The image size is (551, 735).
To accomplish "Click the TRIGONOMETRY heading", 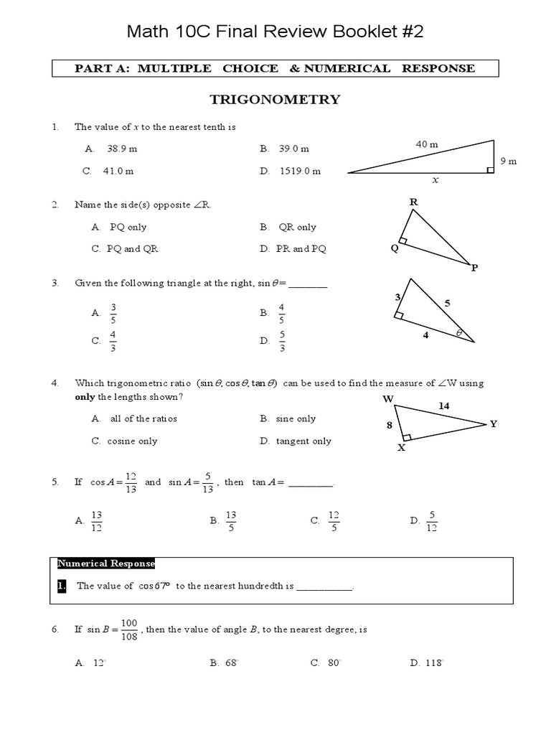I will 275,100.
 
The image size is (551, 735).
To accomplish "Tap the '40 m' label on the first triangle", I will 426,144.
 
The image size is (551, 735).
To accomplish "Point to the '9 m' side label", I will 508,161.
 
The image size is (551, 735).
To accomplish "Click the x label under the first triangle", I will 434,181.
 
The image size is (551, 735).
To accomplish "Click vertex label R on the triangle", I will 413,202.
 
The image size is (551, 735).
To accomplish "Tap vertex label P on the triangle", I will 474,268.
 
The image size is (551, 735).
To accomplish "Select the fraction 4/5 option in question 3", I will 281,313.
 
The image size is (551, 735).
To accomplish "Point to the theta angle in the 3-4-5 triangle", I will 459,333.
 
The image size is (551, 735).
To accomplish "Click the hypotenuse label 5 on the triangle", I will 447,303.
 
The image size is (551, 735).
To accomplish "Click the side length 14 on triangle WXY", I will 443,406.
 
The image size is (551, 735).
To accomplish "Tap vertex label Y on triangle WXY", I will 493,423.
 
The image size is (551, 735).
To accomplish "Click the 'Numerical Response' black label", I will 105,563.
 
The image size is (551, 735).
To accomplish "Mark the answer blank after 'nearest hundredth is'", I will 324,586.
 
